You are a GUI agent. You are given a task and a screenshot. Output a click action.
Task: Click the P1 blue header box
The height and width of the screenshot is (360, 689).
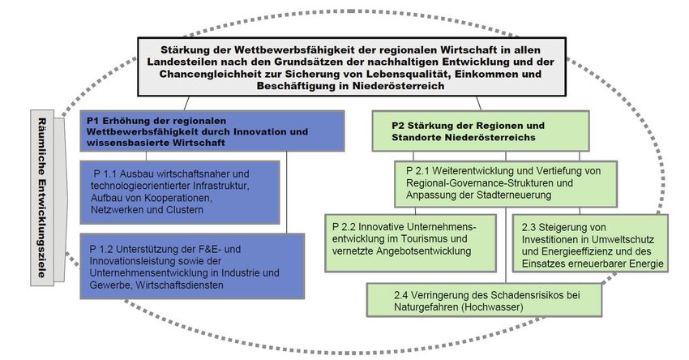point(212,131)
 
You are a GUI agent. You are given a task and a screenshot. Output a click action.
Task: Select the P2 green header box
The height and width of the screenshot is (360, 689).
point(481,131)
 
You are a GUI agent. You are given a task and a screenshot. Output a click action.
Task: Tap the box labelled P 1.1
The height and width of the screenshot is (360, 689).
point(180,192)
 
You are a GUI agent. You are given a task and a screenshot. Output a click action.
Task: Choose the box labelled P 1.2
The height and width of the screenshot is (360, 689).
point(192,267)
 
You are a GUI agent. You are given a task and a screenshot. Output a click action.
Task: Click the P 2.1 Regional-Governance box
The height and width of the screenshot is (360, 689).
point(506,184)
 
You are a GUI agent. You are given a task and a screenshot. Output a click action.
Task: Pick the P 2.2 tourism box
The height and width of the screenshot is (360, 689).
point(410,243)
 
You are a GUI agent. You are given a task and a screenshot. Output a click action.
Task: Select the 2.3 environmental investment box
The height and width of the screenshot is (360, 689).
point(590,243)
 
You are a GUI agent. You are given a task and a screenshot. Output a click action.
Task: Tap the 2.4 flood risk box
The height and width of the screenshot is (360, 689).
point(484,300)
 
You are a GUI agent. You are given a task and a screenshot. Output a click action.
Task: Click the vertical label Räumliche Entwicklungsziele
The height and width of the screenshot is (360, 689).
point(42,198)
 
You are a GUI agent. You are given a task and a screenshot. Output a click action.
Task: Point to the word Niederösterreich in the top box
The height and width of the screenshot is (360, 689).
point(399,86)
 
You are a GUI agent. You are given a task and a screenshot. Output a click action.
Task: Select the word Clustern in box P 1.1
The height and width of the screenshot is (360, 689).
point(185,210)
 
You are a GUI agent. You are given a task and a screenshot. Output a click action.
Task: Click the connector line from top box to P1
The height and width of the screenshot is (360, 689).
point(186,103)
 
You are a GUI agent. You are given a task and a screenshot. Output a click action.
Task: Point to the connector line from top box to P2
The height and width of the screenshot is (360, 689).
point(478,104)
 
